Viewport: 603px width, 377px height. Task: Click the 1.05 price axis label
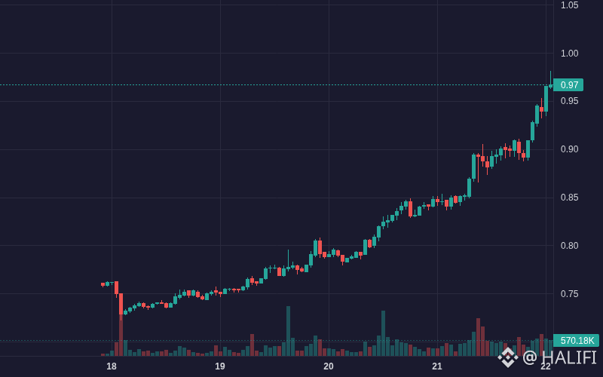[569, 5]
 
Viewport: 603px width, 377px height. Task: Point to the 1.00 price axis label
[569, 54]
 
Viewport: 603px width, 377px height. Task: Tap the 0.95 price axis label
[569, 101]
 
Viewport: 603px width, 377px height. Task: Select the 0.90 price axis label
[569, 149]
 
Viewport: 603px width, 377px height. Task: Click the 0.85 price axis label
[569, 198]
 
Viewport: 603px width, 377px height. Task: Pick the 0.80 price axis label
[569, 246]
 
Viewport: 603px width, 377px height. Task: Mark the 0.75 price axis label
[569, 294]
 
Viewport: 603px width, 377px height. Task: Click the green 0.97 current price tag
[568, 84]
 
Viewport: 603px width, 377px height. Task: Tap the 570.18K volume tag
[576, 341]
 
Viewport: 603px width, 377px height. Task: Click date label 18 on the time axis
[112, 366]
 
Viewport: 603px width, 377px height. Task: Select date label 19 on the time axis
[220, 366]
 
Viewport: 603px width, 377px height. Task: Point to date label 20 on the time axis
[329, 366]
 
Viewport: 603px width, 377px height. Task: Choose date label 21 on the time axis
[437, 366]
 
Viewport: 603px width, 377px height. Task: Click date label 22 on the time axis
[546, 366]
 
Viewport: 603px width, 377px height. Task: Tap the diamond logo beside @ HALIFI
[508, 357]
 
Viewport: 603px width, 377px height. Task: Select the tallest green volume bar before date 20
[289, 331]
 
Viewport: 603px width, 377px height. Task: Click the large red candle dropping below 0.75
[121, 305]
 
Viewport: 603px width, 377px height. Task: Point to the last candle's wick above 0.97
[550, 78]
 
